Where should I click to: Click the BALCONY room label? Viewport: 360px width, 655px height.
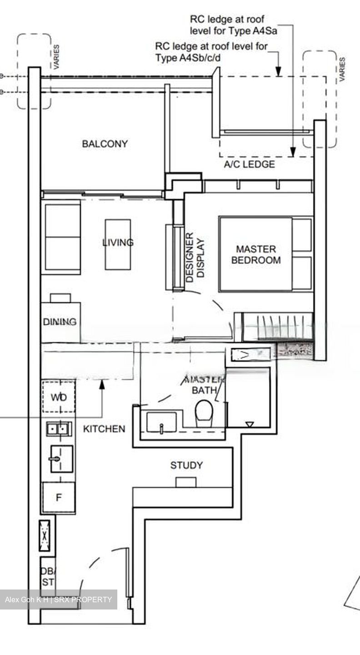(105, 144)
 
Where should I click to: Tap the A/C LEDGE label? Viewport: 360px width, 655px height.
(249, 164)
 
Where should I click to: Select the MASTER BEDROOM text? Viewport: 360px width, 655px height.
(255, 255)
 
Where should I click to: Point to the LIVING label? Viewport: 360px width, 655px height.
(118, 242)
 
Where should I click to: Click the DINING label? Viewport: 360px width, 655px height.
(60, 322)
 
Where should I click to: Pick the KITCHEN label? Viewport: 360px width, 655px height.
(104, 428)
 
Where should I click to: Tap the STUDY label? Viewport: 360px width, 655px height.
(186, 465)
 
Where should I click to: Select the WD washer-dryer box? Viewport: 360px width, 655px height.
(59, 397)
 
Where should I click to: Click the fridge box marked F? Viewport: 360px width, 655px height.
(59, 498)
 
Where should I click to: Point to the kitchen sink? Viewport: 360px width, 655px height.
(61, 458)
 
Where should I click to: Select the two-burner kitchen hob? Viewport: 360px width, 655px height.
(59, 428)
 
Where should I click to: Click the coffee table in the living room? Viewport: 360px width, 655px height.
(118, 244)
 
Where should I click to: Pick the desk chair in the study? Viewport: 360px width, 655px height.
(185, 482)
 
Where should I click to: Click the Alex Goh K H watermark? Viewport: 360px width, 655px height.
(58, 600)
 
